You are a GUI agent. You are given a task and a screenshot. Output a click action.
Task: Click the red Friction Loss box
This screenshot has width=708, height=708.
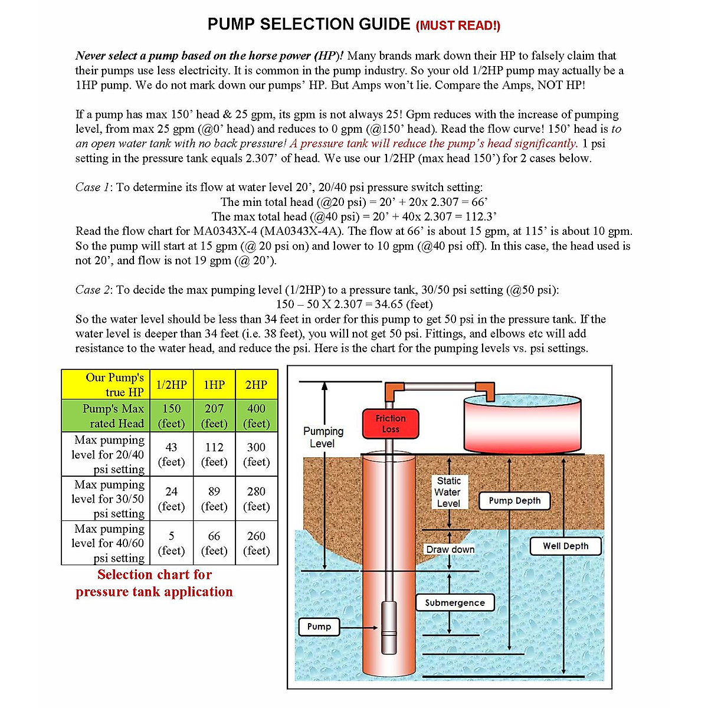(x=390, y=424)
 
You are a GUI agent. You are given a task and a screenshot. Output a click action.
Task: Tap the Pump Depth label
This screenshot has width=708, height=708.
(x=514, y=501)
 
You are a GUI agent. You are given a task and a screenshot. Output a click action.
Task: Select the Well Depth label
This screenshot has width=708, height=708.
(x=565, y=546)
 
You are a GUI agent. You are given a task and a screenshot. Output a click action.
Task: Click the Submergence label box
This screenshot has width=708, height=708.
(x=454, y=602)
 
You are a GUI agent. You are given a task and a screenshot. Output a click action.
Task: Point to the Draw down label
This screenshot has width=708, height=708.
(x=450, y=549)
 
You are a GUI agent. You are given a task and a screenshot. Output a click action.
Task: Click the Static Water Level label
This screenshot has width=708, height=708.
(x=448, y=492)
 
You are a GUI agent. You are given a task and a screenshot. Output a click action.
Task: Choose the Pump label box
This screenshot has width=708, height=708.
(x=319, y=627)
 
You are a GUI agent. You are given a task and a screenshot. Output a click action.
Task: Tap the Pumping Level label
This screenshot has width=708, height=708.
(x=323, y=437)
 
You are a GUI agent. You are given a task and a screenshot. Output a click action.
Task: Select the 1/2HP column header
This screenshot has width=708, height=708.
(x=171, y=385)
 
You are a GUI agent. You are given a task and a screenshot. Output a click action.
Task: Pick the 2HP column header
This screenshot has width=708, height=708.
(x=256, y=385)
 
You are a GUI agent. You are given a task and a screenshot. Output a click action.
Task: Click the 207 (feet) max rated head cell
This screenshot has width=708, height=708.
(x=214, y=416)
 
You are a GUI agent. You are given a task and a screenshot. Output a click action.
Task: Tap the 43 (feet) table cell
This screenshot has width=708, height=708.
(x=171, y=454)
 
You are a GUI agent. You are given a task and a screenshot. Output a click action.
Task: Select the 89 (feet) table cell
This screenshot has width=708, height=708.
(x=214, y=499)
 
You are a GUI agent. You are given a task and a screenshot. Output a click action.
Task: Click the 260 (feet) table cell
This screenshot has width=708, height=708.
(x=256, y=543)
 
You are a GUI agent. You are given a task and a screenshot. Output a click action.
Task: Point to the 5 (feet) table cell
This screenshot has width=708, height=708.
(x=171, y=543)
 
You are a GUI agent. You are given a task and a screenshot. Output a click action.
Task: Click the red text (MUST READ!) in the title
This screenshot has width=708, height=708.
(x=458, y=25)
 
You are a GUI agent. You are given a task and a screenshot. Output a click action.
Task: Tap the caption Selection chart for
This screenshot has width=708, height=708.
(x=155, y=575)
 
